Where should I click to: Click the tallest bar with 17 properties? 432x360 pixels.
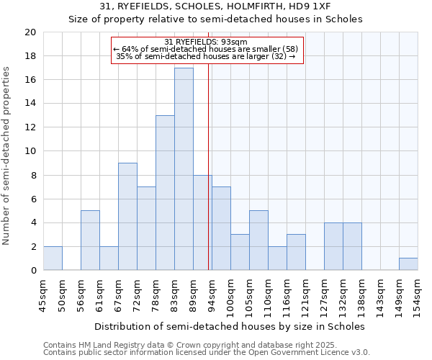click(x=184, y=169)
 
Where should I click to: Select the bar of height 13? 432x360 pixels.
click(x=165, y=193)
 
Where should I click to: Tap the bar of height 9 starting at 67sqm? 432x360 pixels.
click(x=127, y=217)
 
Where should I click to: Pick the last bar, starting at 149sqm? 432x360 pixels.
click(x=408, y=264)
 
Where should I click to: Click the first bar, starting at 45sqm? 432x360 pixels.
click(x=53, y=258)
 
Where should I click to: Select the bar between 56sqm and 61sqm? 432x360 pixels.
click(x=90, y=240)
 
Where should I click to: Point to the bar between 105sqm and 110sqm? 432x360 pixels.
click(x=258, y=240)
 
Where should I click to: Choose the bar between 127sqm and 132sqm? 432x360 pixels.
click(x=333, y=246)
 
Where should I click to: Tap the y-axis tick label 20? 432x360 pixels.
click(x=30, y=32)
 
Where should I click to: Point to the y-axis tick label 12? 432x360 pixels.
click(x=30, y=127)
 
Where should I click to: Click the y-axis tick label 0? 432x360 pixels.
click(x=32, y=271)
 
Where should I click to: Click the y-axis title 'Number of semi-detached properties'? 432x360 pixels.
click(x=7, y=156)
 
